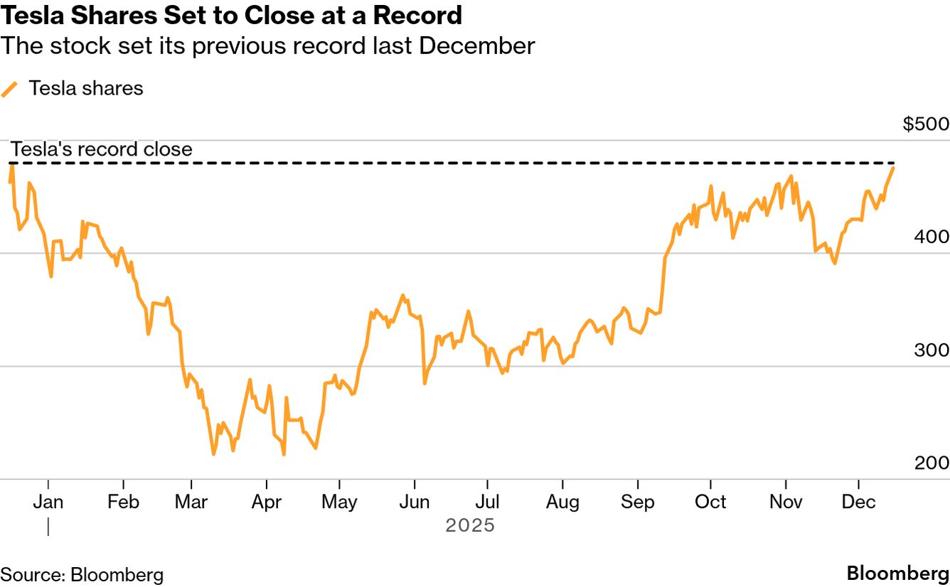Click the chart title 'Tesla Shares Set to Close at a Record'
(231, 15)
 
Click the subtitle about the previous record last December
(267, 46)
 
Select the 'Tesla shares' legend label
(86, 88)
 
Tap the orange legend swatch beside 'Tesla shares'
(9, 89)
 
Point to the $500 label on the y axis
(926, 124)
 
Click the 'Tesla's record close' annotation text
(101, 149)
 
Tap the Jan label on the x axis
(48, 502)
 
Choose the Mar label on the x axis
(191, 502)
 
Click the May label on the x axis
(339, 502)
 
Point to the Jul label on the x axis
(487, 502)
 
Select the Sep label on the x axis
(637, 502)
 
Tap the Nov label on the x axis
(786, 502)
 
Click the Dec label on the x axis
(858, 502)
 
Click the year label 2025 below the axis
(469, 527)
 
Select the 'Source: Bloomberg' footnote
(82, 575)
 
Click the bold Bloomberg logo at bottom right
(897, 574)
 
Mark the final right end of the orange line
(894, 167)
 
